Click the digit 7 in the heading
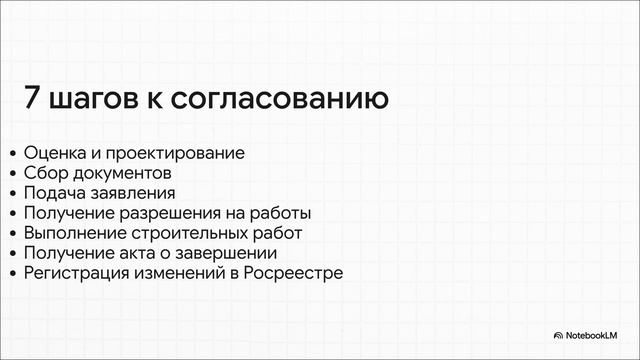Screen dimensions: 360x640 coord(32,100)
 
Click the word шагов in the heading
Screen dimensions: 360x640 coord(95,101)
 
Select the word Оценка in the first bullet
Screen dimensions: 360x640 coord(55,153)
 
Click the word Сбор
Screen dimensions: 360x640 coord(45,173)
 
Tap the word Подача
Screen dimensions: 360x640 coord(56,193)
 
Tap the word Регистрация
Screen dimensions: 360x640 coord(75,273)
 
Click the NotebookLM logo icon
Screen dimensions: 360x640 coord(558,335)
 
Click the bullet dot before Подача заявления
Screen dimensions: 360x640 coord(12,194)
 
